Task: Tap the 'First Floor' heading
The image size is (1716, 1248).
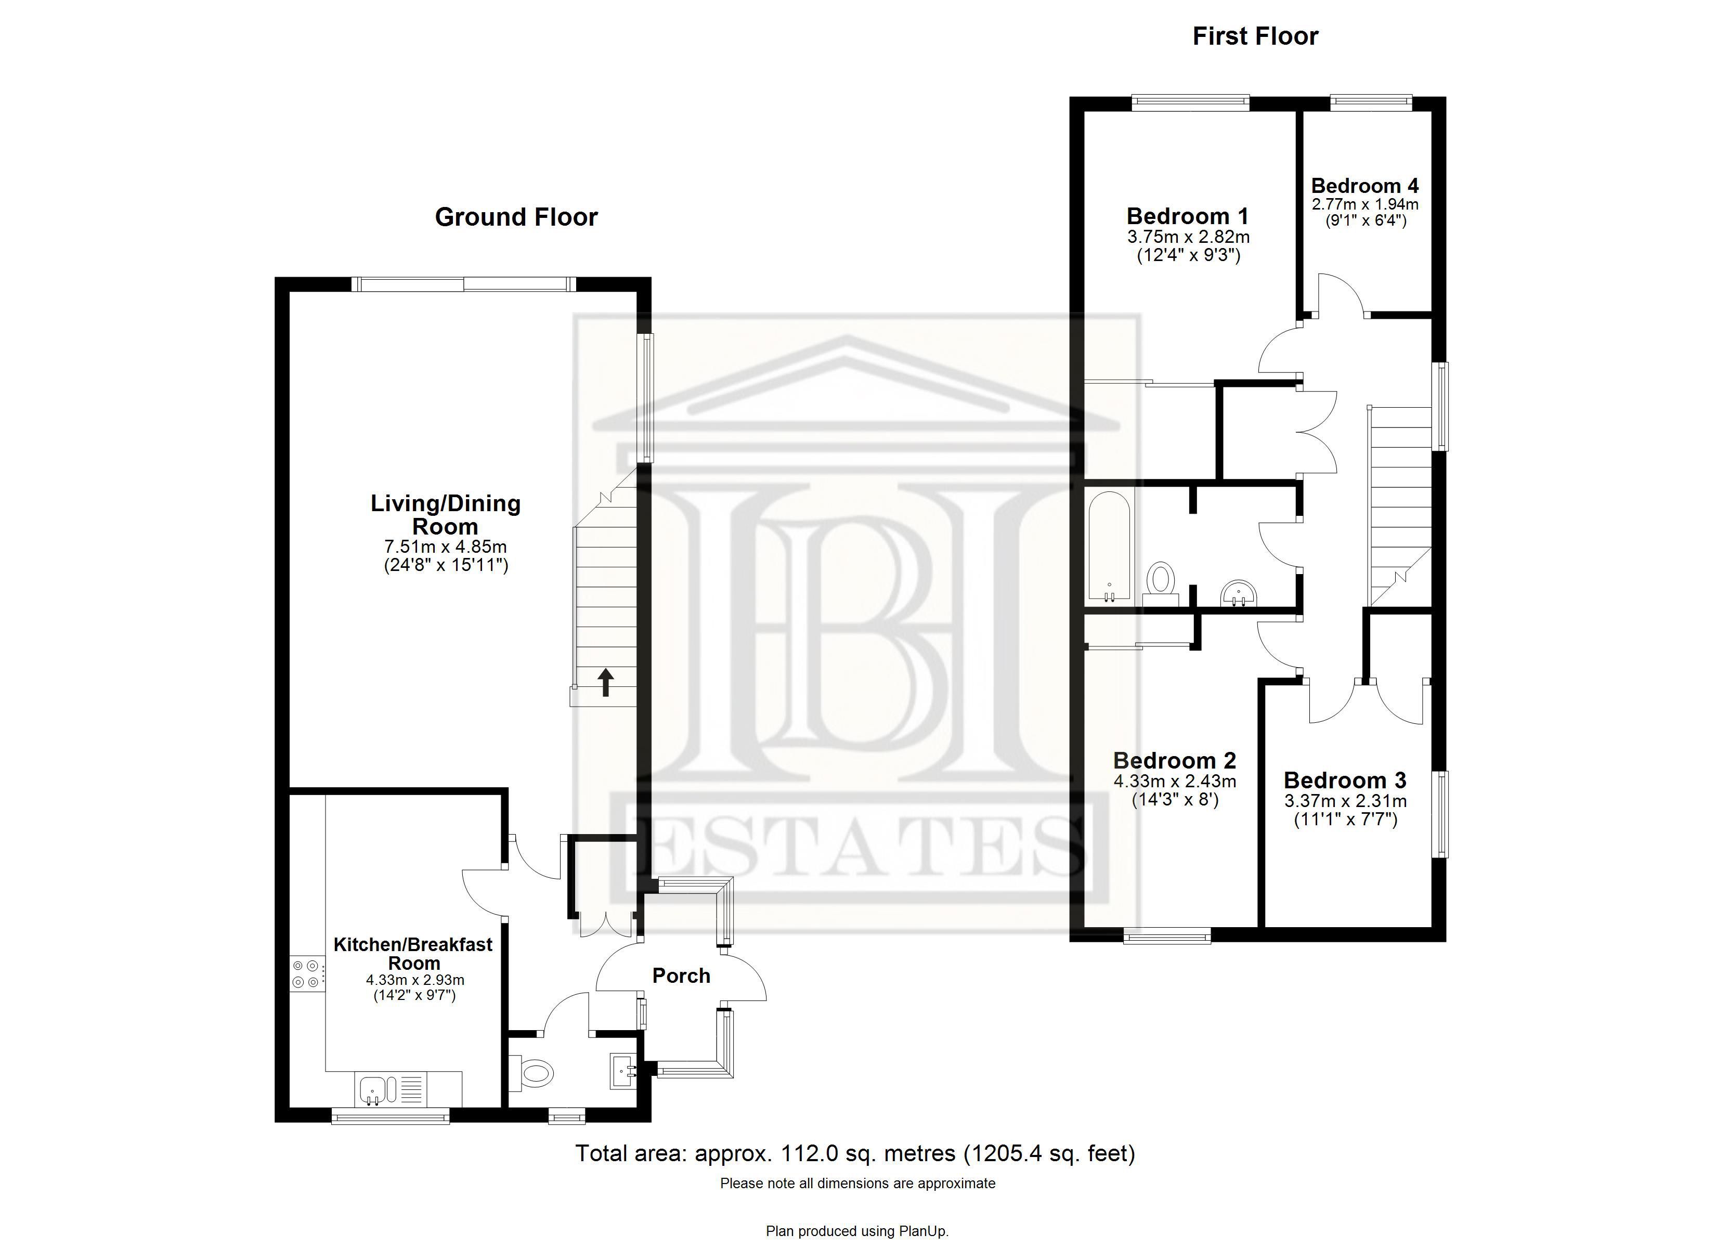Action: point(1255,36)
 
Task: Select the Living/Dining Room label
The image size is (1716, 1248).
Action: point(446,515)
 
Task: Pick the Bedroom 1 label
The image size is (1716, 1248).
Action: point(1187,216)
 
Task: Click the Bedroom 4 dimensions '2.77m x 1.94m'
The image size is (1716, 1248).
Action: point(1365,204)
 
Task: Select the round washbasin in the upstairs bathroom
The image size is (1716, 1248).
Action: point(1239,592)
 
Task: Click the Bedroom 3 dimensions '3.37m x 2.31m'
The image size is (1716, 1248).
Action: point(1345,801)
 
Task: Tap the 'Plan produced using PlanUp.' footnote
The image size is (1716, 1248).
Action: point(857,1231)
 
